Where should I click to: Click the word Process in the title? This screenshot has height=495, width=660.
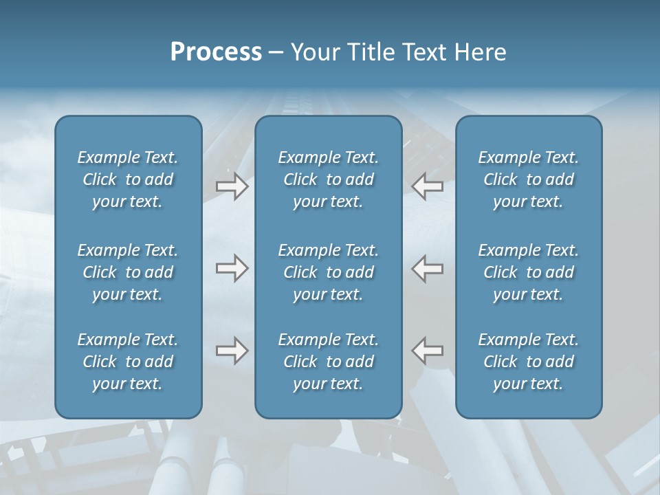coord(216,52)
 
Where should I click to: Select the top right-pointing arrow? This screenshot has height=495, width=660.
coord(232,186)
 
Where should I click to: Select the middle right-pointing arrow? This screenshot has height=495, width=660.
coord(232,268)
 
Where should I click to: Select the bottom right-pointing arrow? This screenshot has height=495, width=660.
coord(232,351)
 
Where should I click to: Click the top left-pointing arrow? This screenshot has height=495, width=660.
coord(428,186)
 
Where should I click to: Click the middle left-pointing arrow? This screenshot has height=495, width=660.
coord(428,268)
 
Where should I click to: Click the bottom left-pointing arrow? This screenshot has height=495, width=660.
coord(428,351)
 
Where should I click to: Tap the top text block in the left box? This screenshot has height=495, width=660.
coord(128,179)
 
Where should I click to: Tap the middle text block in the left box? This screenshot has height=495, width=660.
coord(128,272)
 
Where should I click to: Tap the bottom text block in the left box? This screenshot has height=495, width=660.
coord(128,362)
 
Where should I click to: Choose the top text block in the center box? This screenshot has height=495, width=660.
coord(328,179)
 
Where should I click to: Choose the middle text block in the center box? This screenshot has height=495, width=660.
coord(328,272)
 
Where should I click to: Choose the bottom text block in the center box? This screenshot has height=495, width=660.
coord(328,362)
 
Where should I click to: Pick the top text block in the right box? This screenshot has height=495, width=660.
coord(528,179)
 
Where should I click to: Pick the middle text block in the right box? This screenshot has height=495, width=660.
coord(528,272)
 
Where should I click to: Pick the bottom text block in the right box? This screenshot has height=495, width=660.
coord(528,362)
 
